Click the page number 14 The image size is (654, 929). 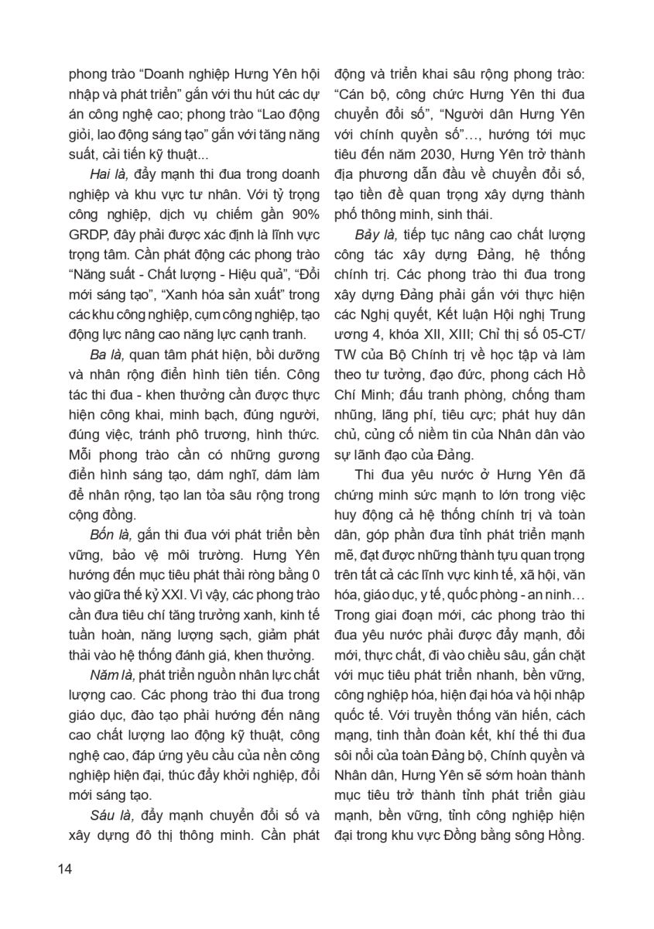[64, 868]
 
